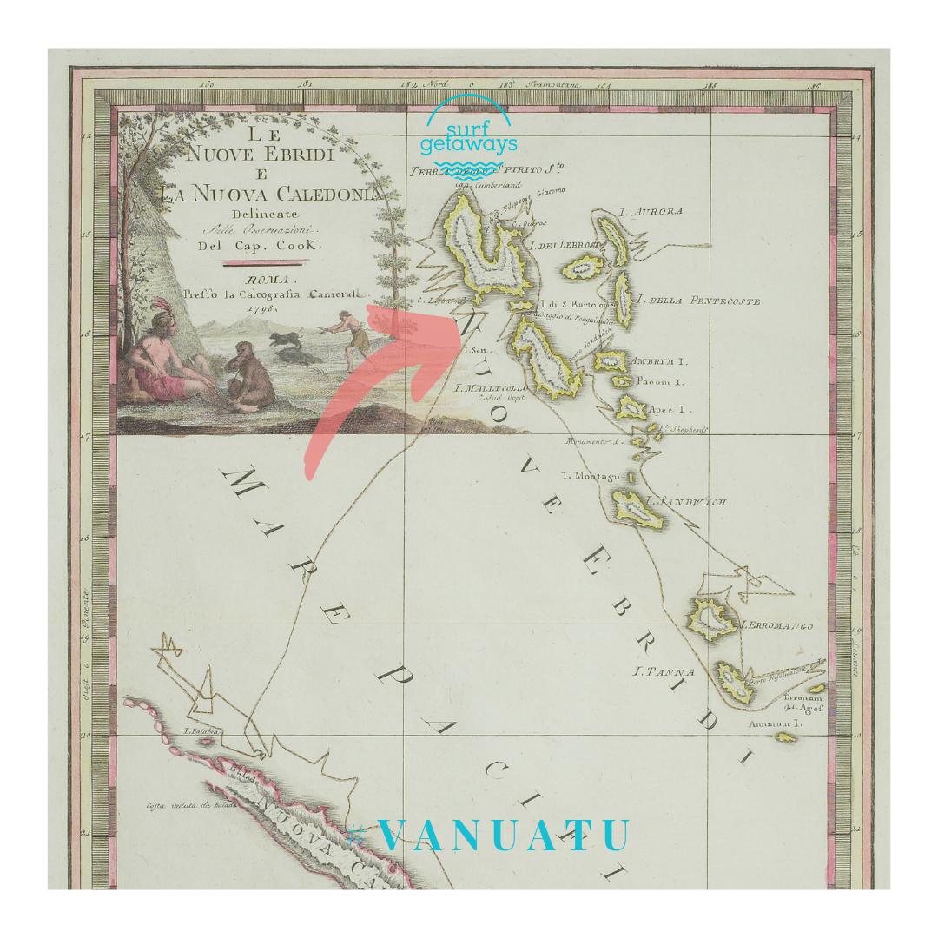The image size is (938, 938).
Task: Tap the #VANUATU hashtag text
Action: point(492,835)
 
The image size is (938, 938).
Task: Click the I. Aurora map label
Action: point(651,211)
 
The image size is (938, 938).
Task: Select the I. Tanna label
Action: point(664,671)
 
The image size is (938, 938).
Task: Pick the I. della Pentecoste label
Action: point(699,301)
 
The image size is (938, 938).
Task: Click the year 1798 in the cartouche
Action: point(261,307)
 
